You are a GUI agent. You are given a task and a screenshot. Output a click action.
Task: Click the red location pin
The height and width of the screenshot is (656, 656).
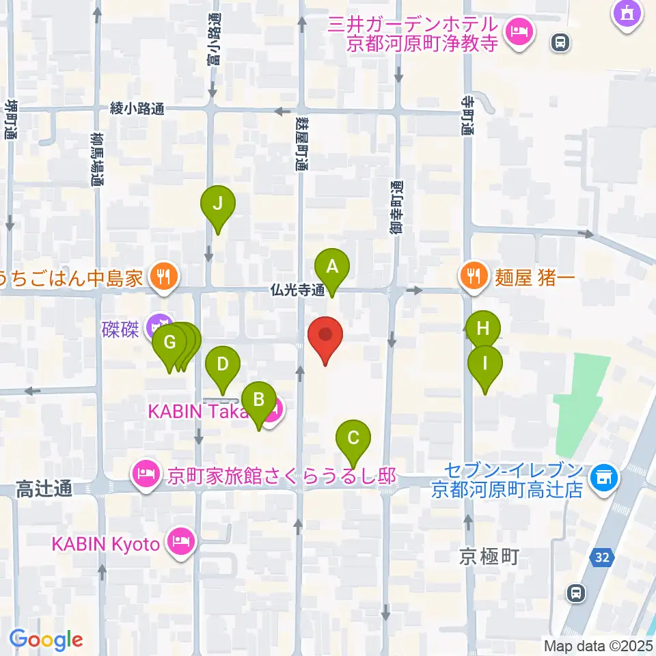[326, 337]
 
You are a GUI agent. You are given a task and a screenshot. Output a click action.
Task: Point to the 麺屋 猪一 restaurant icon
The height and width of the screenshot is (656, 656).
[472, 276]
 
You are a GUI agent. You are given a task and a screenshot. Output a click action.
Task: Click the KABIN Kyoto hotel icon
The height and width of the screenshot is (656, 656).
[183, 543]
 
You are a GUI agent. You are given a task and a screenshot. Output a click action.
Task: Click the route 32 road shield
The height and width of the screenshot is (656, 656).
[601, 558]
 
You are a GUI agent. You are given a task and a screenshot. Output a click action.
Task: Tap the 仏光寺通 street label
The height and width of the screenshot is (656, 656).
[298, 290]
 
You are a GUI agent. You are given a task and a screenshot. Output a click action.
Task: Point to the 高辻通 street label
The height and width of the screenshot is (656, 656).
[44, 489]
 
